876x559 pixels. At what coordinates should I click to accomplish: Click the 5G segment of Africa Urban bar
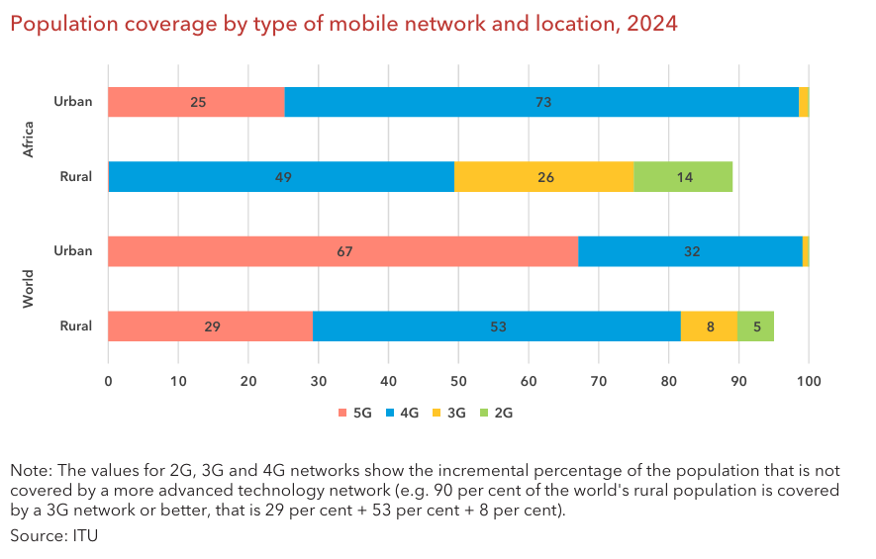tap(196, 102)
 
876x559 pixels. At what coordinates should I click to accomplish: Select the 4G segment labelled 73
tap(541, 102)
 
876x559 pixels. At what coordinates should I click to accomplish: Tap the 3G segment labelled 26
tap(543, 177)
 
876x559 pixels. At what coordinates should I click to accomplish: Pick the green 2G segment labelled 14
tap(683, 177)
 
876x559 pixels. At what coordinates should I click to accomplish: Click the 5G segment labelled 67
tap(342, 251)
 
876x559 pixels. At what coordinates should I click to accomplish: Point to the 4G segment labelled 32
tap(690, 251)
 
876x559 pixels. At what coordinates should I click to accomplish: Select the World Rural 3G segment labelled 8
tap(709, 326)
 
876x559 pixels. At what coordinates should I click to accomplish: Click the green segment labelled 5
tap(756, 326)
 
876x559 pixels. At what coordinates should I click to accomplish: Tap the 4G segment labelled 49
tap(281, 177)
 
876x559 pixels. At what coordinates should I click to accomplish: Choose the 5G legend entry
tap(354, 413)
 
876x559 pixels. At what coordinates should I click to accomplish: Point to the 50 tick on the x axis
tap(458, 381)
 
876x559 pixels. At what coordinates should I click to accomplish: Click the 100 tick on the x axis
tap(809, 381)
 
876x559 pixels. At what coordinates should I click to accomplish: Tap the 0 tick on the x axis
tap(108, 381)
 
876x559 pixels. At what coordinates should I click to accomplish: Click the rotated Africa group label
tap(29, 140)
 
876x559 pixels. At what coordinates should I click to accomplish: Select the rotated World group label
tap(29, 288)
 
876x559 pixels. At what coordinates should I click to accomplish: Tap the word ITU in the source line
tap(85, 535)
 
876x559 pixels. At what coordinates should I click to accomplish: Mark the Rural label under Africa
tap(76, 177)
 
